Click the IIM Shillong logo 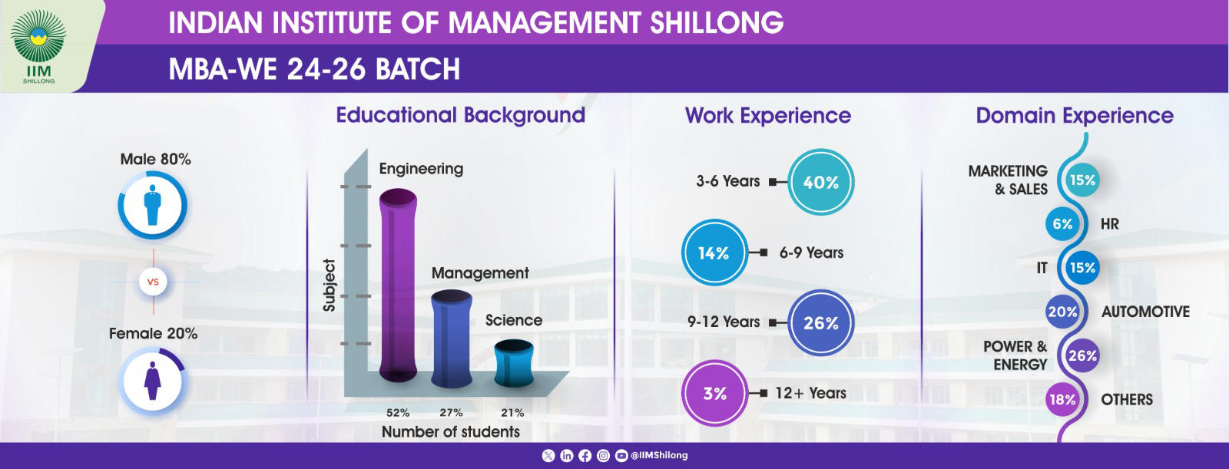tap(38, 47)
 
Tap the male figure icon tap(153, 205)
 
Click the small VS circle tap(153, 282)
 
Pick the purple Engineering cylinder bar tap(399, 286)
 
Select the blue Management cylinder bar tap(452, 339)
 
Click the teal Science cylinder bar tap(514, 363)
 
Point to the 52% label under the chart tap(398, 412)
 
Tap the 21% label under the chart tap(512, 412)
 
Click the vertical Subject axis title tap(330, 286)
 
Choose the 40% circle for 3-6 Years tap(821, 182)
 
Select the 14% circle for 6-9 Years tap(714, 253)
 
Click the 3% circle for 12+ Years tap(714, 393)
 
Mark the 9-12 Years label tap(724, 322)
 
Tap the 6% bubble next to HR tap(1063, 224)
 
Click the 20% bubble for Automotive tap(1063, 312)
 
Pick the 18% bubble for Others tap(1063, 399)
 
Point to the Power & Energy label tap(1015, 355)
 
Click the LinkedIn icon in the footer tap(567, 456)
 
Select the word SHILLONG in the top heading tap(717, 22)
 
